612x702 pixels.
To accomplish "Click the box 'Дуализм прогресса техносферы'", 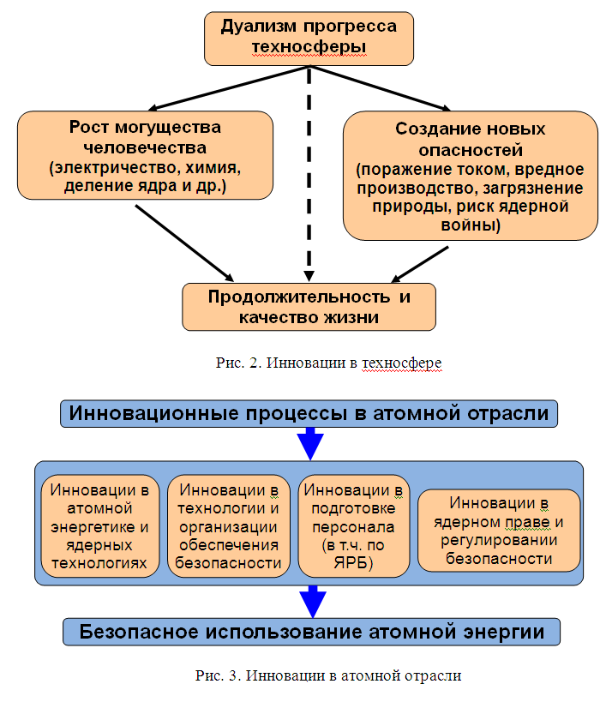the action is coord(309,39).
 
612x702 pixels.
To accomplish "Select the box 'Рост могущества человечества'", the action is coord(145,155).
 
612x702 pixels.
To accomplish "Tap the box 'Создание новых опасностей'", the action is coord(471,176).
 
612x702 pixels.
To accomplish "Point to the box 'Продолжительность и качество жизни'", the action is coord(309,307).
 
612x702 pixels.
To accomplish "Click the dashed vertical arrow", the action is coord(309,174).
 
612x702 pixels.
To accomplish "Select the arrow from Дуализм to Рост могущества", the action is coord(228,88).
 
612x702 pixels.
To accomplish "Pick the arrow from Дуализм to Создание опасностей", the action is coord(380,88).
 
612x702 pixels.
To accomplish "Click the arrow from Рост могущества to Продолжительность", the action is coord(184,243).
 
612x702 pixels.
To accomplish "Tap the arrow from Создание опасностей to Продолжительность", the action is coord(420,264).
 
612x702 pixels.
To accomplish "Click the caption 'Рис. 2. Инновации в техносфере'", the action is coord(328,363).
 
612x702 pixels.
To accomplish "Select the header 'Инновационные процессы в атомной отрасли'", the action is coord(309,414).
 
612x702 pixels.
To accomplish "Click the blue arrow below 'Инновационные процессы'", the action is coord(310,444).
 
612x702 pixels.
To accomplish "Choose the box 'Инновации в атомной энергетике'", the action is coord(99,526).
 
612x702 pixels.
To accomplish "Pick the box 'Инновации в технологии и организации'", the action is coord(228,526).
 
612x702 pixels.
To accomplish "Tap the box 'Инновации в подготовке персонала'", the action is coord(353,526).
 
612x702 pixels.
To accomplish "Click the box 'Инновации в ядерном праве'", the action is coord(499,531).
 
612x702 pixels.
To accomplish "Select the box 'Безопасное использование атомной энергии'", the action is coord(312,633).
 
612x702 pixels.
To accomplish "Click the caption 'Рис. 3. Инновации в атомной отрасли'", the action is coord(328,675).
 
